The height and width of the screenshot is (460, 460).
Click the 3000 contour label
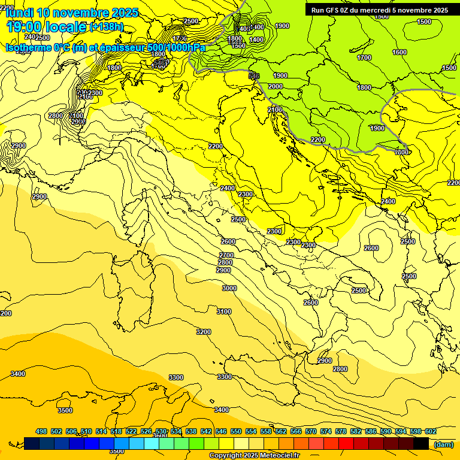coord(229,288)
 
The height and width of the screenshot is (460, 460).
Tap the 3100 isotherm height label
coord(223,311)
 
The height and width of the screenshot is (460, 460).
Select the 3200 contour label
coord(204,332)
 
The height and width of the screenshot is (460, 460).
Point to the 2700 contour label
coord(226,256)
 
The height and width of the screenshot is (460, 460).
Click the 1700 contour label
coord(364,58)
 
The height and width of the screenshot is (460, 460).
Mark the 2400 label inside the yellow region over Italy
coord(227,188)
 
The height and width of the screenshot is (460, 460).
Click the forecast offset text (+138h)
coord(106,27)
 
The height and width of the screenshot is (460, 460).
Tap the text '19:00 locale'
coord(46,27)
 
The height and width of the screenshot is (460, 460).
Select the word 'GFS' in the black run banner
coord(333,10)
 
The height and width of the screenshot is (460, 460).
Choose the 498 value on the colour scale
coord(41,431)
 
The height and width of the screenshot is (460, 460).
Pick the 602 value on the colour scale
coord(430,431)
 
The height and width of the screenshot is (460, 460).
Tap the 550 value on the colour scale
coord(235,431)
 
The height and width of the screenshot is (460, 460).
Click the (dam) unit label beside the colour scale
coord(444,444)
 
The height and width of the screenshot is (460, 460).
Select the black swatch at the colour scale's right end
coord(421,443)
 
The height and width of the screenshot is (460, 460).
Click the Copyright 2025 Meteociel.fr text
coord(254,455)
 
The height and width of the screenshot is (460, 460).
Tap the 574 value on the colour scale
coord(325,431)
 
